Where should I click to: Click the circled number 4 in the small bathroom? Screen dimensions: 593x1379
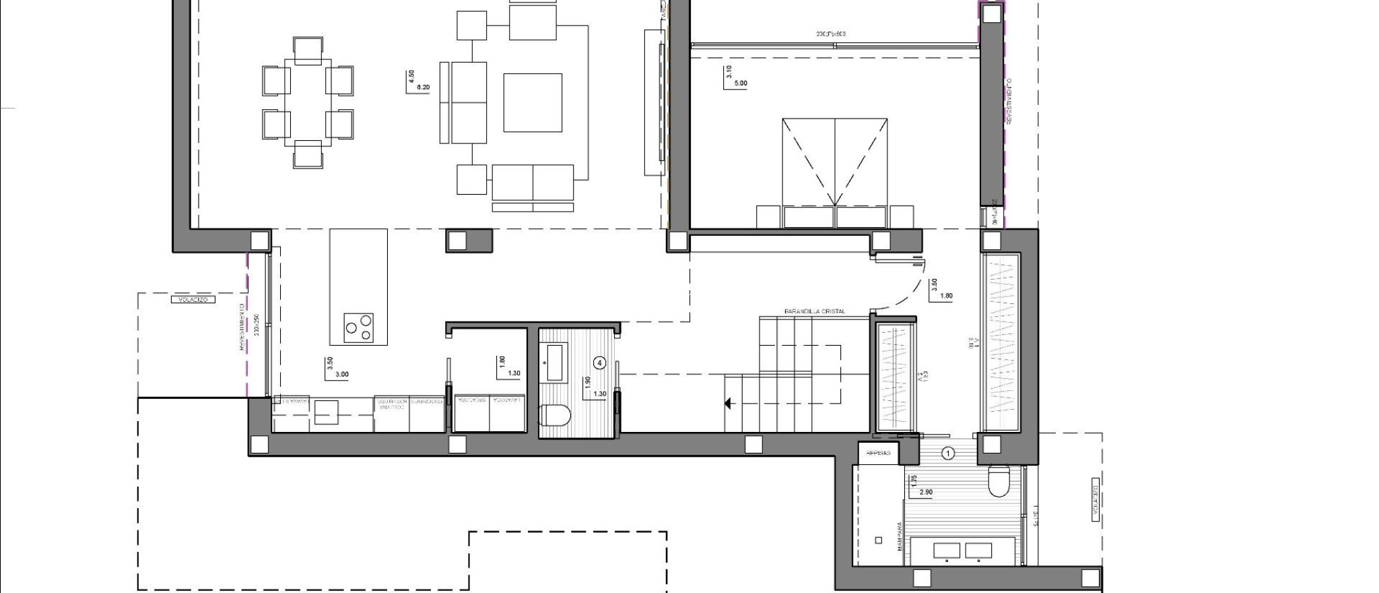click(x=599, y=363)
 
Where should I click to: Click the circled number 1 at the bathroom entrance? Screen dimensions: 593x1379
click(x=948, y=454)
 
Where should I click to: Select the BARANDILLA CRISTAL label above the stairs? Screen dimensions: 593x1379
click(x=814, y=312)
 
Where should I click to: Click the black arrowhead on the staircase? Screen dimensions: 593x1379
click(x=729, y=404)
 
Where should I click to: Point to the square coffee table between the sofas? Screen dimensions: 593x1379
click(x=533, y=102)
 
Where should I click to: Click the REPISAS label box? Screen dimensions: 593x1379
click(x=878, y=453)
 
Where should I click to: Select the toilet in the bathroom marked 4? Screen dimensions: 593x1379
click(x=555, y=416)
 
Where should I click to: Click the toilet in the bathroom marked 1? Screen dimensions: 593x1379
click(x=997, y=480)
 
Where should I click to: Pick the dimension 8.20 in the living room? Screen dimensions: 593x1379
click(x=424, y=88)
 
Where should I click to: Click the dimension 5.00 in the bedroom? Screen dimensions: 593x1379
click(x=740, y=84)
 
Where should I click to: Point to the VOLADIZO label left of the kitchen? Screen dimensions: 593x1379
click(x=193, y=299)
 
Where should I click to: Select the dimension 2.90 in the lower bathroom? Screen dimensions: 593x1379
click(x=926, y=493)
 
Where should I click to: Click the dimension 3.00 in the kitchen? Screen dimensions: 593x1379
click(x=342, y=375)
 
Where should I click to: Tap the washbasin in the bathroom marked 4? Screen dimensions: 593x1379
click(x=556, y=362)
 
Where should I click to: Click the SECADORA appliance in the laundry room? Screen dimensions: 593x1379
click(x=472, y=412)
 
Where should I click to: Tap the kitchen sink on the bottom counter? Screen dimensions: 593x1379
click(x=327, y=412)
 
